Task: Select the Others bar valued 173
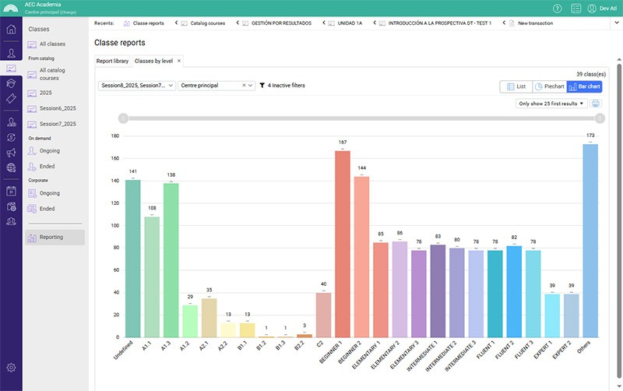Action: click(590, 241)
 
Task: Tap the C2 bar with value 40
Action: click(323, 315)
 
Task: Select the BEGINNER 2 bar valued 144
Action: click(361, 256)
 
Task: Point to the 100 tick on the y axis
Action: click(114, 226)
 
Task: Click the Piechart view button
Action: click(549, 86)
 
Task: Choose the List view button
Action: click(516, 86)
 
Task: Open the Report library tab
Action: click(112, 61)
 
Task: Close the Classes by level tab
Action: click(179, 61)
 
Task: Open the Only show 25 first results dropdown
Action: click(551, 103)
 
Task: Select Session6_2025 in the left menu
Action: click(57, 108)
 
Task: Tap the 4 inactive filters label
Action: click(282, 85)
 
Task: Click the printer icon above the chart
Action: click(596, 103)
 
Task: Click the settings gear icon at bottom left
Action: click(11, 368)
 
